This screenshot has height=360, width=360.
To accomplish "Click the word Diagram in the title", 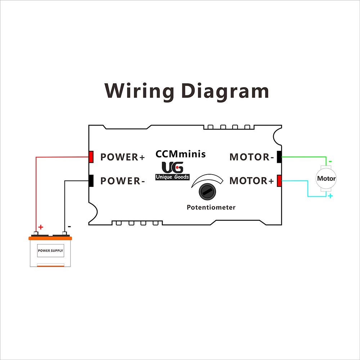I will click(x=225, y=91).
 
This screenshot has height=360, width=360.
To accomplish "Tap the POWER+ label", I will click(x=122, y=157).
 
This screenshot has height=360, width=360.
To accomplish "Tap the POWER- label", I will click(x=122, y=181).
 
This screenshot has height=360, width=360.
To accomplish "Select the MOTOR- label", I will click(x=252, y=157).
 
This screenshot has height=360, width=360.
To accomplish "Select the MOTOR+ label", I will click(x=252, y=181).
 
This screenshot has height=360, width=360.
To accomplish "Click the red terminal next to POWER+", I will click(x=91, y=157).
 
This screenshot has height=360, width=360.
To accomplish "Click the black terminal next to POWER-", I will click(x=91, y=180).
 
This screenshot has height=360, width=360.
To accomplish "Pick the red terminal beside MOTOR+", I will click(x=279, y=181).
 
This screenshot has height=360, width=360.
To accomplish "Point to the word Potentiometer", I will click(x=211, y=207).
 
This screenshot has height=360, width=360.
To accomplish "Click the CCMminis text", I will click(x=180, y=154).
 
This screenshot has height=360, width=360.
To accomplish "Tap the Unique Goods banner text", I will click(x=172, y=177).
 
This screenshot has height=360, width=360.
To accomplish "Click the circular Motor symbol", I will click(x=326, y=179).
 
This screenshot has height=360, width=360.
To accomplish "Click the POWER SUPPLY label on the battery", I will click(x=51, y=251).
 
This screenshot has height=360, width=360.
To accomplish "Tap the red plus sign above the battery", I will click(x=41, y=227).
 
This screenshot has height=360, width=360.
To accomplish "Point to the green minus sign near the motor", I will click(x=330, y=162).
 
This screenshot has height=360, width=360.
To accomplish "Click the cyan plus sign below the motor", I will click(x=330, y=196).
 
